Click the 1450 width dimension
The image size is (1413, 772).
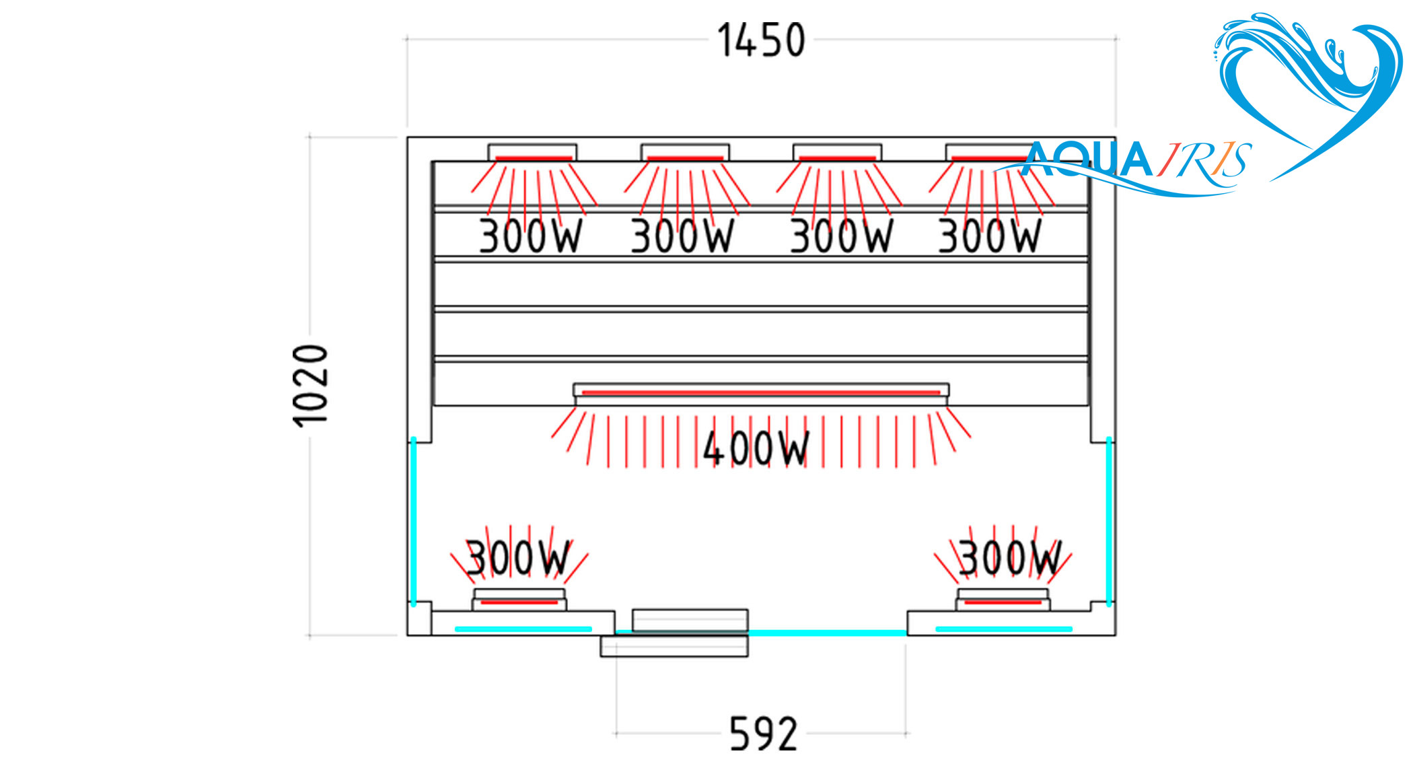pos(761,40)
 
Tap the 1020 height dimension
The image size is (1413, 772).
pos(310,385)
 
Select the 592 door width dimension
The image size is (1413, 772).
pos(763,734)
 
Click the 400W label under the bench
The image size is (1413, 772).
pos(756,448)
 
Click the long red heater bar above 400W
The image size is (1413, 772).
pos(760,392)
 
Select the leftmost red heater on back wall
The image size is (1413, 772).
pos(533,158)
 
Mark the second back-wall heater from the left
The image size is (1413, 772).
pos(685,158)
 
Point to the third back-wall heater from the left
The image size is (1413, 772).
pos(837,158)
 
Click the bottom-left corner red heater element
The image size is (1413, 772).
pos(519,602)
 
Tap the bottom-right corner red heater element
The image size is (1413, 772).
pos(1003,602)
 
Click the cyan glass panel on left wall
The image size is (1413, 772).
pos(413,522)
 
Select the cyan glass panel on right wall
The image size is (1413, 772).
pos(1109,522)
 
